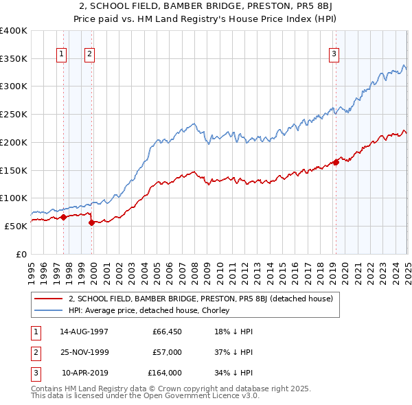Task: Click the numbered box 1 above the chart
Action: [62, 53]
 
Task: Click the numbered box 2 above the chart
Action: [90, 53]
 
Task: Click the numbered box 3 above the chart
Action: [334, 53]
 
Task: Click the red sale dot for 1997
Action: [63, 217]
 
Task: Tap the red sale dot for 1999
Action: [91, 222]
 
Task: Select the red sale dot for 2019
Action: [336, 163]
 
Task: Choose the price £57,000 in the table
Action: [166, 352]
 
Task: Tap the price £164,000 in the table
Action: [164, 373]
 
